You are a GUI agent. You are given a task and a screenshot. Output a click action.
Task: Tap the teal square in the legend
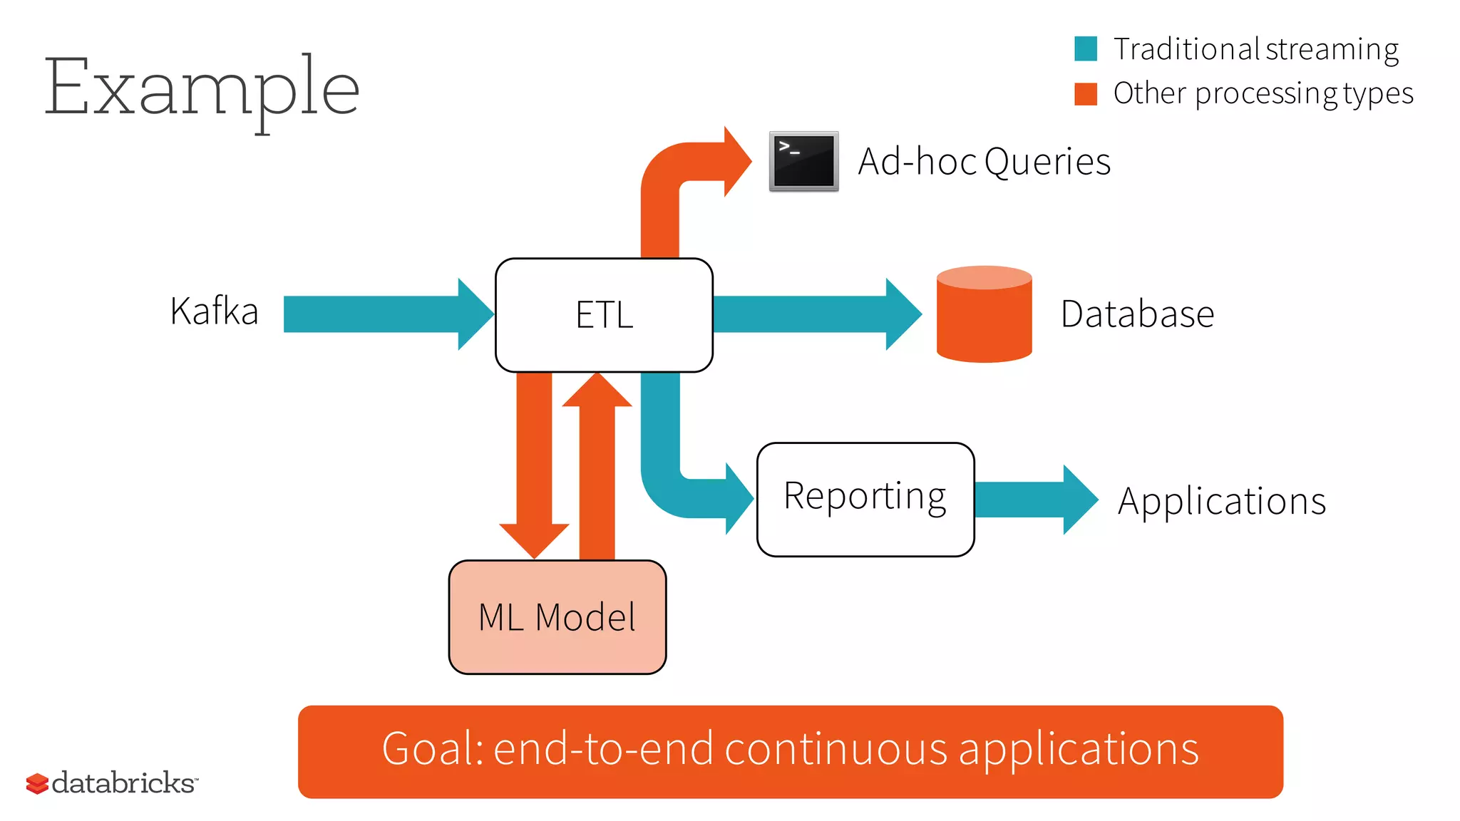(1085, 48)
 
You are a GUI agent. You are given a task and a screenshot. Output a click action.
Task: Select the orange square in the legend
(1085, 93)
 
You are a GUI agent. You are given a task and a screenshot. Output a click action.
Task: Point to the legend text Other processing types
(1263, 94)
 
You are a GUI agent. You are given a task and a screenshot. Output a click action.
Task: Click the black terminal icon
(803, 161)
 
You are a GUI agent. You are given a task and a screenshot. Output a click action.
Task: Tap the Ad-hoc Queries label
(984, 162)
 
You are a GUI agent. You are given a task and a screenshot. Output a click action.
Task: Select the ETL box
(604, 315)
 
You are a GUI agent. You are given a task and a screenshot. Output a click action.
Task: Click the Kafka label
(214, 311)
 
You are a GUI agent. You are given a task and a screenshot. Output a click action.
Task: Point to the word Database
(1137, 314)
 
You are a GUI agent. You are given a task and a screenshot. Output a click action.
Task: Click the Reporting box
(865, 499)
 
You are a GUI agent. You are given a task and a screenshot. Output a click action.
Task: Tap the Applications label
(1221, 501)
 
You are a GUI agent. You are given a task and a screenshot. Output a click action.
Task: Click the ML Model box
(557, 617)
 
